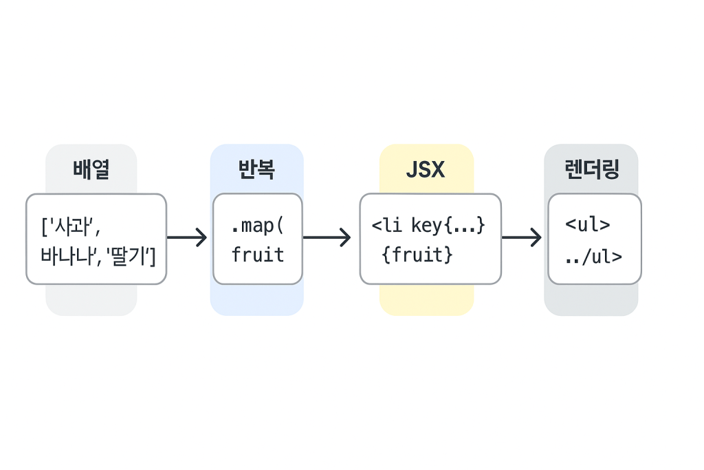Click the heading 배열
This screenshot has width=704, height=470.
[91, 169]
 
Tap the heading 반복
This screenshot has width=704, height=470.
[256, 169]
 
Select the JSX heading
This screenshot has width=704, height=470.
[426, 170]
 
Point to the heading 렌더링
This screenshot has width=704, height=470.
[592, 169]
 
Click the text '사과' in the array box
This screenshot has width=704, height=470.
[71, 226]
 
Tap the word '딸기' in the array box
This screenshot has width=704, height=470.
[128, 256]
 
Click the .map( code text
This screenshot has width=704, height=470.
[257, 226]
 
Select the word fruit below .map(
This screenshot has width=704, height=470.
[258, 255]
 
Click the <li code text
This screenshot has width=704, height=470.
[386, 224]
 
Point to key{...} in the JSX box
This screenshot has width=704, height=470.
[448, 226]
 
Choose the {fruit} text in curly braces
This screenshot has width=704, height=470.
[417, 255]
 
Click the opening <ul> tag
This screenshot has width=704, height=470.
[588, 224]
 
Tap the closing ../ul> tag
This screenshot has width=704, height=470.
[593, 257]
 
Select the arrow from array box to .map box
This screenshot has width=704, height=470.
[187, 237]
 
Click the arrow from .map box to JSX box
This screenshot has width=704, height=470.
[327, 237]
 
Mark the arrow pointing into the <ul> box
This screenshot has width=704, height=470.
[522, 237]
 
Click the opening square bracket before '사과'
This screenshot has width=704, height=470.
[45, 227]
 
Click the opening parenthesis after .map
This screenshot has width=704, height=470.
[280, 226]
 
